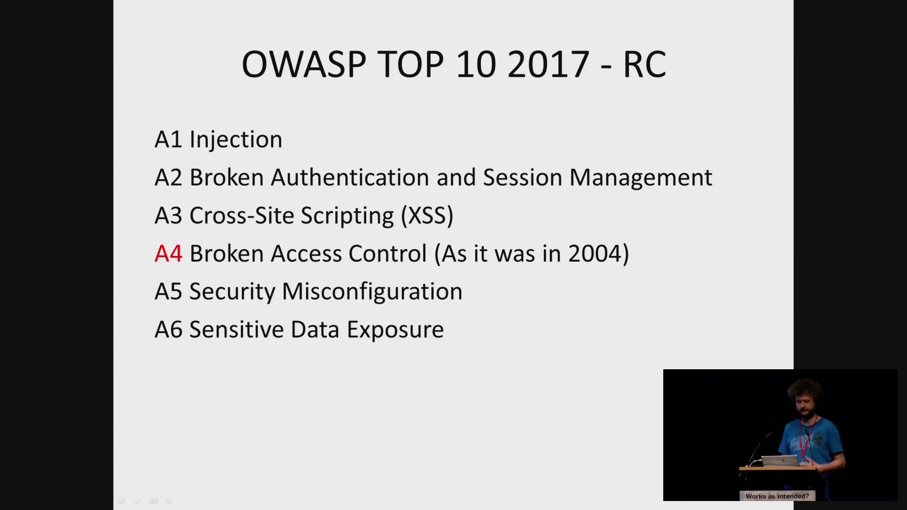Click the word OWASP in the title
304,64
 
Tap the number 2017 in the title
548,64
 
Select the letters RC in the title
645,64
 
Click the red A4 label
169,254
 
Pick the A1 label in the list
168,140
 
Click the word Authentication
350,178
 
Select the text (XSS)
427,216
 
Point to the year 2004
595,254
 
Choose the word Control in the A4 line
387,254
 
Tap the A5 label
168,292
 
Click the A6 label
168,330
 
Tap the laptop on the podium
779,461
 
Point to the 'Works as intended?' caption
777,496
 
